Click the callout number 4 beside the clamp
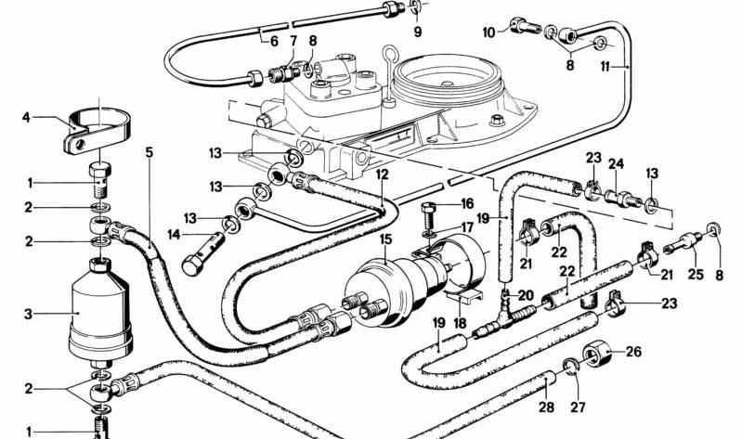coord(26,117)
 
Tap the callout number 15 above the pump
coord(385,239)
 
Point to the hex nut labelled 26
coord(597,353)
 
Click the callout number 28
coord(547,407)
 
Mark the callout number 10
coord(488,32)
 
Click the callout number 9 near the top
coord(417,32)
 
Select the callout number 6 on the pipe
coord(274,41)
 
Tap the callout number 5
coord(150,153)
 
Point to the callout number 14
coord(175,234)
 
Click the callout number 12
coord(382,174)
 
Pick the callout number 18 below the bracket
coord(460,323)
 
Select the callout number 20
coord(526,296)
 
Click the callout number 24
coord(616,164)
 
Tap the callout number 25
coord(696,274)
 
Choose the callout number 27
coord(578,407)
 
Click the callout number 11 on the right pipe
coord(605,67)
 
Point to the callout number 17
coord(466,227)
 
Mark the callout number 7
coord(293,41)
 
